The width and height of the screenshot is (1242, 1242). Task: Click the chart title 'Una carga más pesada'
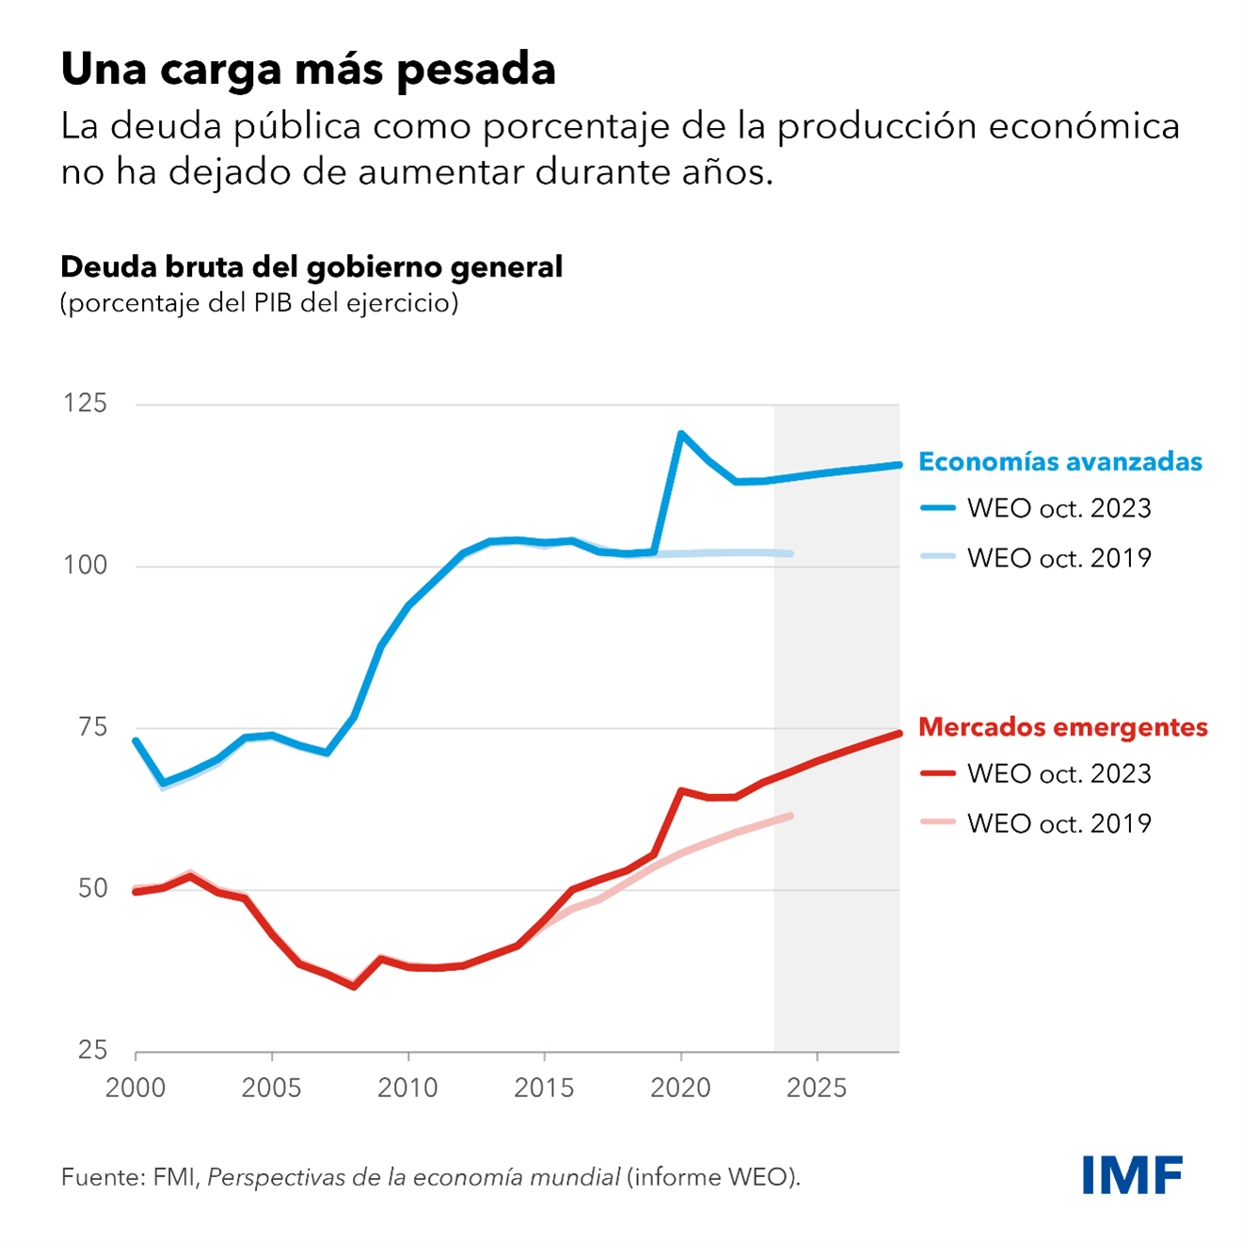308,69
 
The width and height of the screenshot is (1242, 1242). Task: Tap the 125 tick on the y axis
86,404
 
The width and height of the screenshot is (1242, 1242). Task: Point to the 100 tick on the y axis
86,565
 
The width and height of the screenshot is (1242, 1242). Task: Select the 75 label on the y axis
92,727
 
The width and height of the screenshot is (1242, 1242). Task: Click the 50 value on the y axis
92,889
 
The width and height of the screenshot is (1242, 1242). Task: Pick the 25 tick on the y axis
92,1050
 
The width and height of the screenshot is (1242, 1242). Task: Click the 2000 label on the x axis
135,1089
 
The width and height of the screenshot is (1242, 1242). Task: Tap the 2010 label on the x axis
407,1089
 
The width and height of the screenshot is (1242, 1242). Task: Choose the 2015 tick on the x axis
544,1089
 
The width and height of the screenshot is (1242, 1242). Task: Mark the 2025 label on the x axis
817,1089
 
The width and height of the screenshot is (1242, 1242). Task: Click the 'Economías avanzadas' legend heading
1060,462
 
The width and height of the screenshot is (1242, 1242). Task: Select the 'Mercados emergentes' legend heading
1062,727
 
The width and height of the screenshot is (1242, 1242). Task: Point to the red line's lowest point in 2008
354,986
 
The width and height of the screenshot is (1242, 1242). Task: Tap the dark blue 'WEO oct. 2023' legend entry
1035,509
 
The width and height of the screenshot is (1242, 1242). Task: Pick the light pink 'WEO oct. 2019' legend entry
1035,823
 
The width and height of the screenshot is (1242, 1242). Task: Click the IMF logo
1132,1174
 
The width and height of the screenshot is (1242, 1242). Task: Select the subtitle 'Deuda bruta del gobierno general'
311,267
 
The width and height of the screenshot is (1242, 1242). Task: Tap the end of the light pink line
790,816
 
